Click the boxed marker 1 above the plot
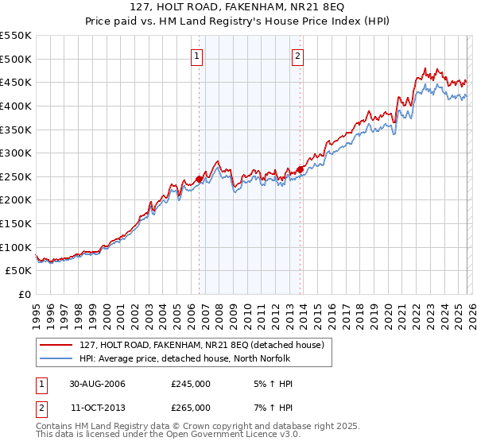coord(196,56)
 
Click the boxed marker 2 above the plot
coord(297,56)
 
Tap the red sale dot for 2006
coord(200,180)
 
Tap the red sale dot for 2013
coord(300,169)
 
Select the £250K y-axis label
coord(16,176)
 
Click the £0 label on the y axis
coord(24,294)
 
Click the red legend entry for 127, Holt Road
coord(201,346)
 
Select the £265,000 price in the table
coord(191,408)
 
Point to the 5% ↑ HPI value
coord(273,384)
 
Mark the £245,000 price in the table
coord(191,384)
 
